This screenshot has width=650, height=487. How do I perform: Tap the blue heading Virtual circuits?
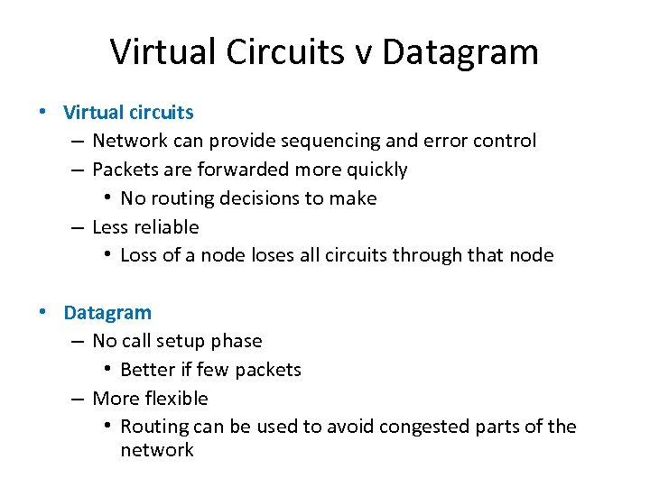(128, 113)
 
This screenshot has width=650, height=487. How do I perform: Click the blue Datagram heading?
(107, 313)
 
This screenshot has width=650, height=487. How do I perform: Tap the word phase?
(236, 342)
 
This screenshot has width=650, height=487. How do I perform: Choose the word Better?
(147, 370)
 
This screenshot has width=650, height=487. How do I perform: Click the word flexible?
(176, 399)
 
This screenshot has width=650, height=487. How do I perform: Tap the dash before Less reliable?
(79, 227)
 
